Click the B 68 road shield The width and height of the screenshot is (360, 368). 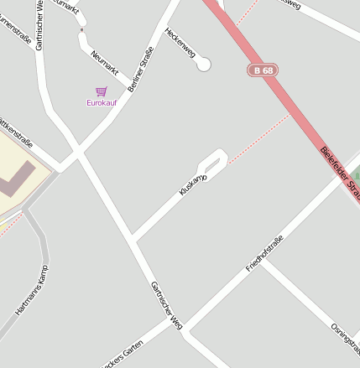pyautogui.click(x=263, y=70)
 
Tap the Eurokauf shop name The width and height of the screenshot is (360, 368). pyautogui.click(x=102, y=102)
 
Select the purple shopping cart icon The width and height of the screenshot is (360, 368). pyautogui.click(x=102, y=91)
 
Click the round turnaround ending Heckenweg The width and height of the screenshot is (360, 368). pyautogui.click(x=203, y=65)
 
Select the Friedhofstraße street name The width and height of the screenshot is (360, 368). pyautogui.click(x=264, y=253)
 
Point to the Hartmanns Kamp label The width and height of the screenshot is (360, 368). pyautogui.click(x=32, y=291)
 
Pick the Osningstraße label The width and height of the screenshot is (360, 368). pyautogui.click(x=345, y=338)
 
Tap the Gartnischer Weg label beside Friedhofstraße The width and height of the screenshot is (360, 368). pyautogui.click(x=165, y=303)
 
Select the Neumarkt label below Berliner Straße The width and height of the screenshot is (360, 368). pyautogui.click(x=105, y=63)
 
